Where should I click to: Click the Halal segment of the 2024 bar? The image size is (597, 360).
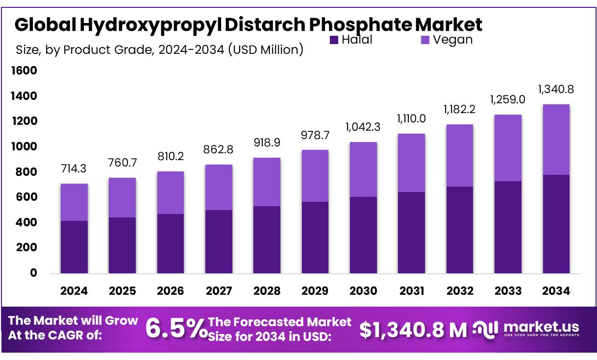coord(74,247)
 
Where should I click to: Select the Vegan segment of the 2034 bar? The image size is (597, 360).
coord(556,140)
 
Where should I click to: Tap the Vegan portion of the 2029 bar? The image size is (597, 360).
coord(315,175)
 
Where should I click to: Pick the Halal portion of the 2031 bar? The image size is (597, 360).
coord(411,232)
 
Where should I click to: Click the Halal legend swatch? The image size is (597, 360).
coord(334,40)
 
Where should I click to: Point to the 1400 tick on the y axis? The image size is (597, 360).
coord(24,96)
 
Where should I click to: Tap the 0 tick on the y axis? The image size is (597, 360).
coord(33,273)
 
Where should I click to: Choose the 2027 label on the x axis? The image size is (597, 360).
coord(219,291)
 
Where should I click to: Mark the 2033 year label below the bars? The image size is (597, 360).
coord(508,291)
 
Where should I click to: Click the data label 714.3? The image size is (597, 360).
coord(74,169)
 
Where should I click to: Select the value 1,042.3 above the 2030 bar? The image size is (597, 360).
coord(363,126)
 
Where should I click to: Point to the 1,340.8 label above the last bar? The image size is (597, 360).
coord(556,89)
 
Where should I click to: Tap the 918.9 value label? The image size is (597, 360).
coord(267,143)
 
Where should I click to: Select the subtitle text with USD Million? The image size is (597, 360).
coord(159,49)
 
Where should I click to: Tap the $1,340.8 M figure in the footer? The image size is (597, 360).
coord(413,330)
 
